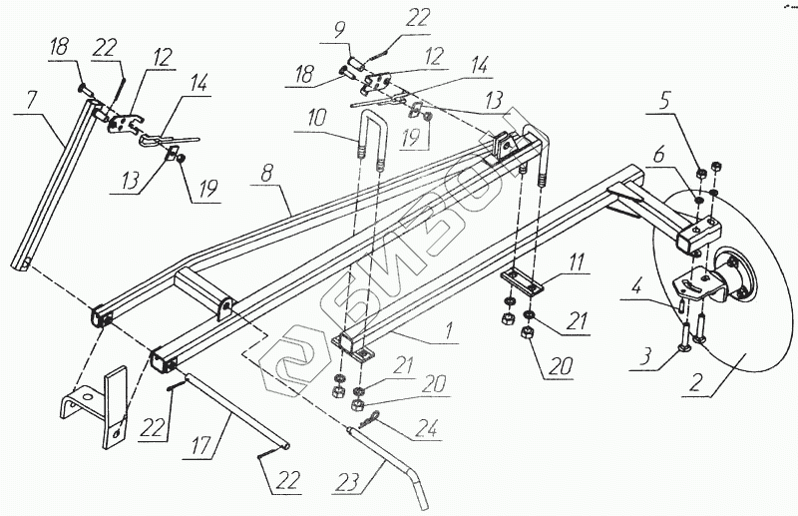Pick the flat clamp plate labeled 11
[520, 280]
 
